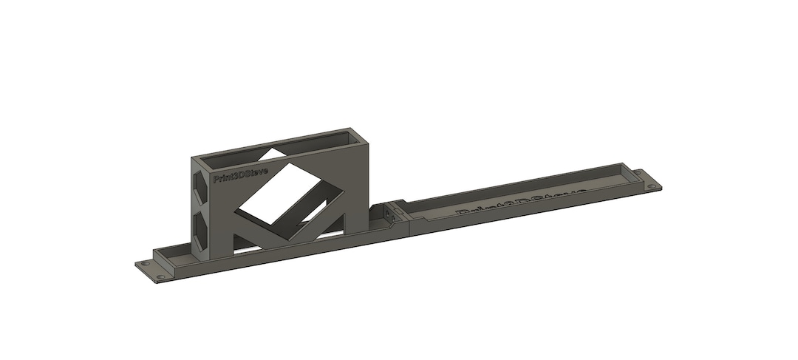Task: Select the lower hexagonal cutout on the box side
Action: point(200,226)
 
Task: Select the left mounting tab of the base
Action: point(151,268)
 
